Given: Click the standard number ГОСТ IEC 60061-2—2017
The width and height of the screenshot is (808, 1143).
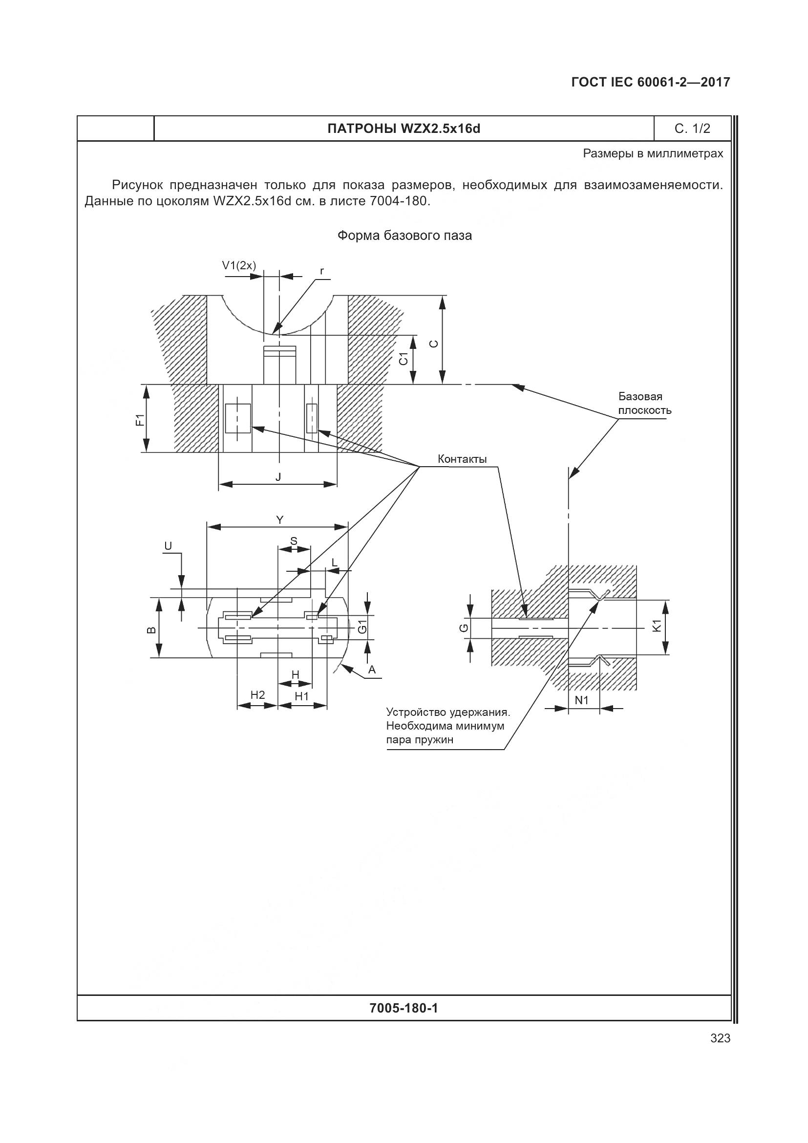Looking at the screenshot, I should tap(650, 82).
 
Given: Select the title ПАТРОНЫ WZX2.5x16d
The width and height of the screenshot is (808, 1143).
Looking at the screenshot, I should tap(404, 129).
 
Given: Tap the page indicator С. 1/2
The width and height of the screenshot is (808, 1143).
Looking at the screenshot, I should tap(692, 129).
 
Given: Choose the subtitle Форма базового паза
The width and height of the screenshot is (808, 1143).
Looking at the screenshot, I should tap(404, 236).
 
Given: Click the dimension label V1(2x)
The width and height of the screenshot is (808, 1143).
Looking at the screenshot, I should tap(239, 266).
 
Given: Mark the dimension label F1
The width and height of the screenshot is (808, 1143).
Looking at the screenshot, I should tap(140, 419).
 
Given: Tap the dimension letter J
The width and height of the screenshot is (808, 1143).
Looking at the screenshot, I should tap(278, 477).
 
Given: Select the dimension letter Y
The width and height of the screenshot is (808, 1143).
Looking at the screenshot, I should tap(279, 520).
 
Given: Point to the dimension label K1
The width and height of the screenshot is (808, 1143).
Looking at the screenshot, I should tap(657, 626).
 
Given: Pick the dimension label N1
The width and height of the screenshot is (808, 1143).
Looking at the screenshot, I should tap(582, 700).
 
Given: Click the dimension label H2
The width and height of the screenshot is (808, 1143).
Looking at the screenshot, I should tap(258, 695).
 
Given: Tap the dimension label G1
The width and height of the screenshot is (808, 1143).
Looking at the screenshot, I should tap(362, 627).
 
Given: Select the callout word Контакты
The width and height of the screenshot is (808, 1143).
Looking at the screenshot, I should tap(462, 459).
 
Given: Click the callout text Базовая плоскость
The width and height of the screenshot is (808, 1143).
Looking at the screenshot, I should tap(644, 403).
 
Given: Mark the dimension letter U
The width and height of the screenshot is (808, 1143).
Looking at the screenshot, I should tap(168, 547).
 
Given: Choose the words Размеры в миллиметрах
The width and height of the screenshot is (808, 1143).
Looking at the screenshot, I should tap(653, 154).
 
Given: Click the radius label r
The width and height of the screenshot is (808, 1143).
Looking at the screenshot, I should tap(322, 271).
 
